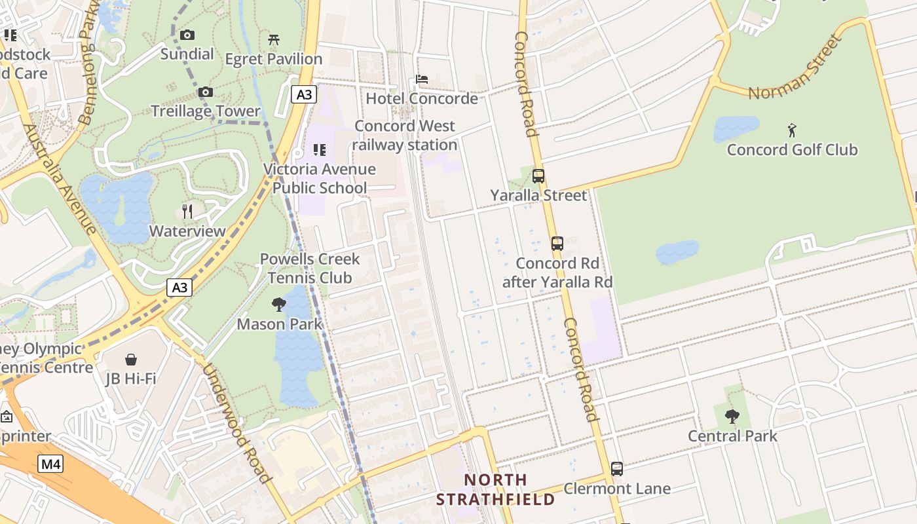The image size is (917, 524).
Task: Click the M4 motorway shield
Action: pos(50,464)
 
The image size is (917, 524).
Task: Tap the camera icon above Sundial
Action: pos(187,35)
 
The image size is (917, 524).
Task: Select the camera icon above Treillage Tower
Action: pos(206,92)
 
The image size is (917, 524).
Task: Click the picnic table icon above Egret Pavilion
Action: pos(274,40)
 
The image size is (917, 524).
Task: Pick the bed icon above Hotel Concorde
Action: pos(422,79)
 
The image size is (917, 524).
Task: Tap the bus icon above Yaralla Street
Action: pos(538,176)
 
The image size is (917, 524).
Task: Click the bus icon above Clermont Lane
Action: pos(616,469)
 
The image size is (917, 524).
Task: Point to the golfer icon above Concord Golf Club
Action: pos(792,130)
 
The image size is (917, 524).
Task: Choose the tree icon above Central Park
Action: pos(732,416)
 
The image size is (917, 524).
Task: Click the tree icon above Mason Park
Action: pos(279,304)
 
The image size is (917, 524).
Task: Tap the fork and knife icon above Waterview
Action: pos(187,211)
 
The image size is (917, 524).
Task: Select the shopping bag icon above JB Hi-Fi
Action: pos(131,360)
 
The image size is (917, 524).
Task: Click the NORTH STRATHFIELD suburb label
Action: pos(495,489)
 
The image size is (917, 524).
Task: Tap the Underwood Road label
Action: pos(236,423)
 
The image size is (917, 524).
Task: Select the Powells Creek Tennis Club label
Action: pos(310,268)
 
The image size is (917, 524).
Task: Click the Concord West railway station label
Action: pos(405,136)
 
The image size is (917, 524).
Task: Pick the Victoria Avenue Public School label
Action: pos(320,179)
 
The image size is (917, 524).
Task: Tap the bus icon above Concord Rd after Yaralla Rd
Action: pos(557,244)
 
